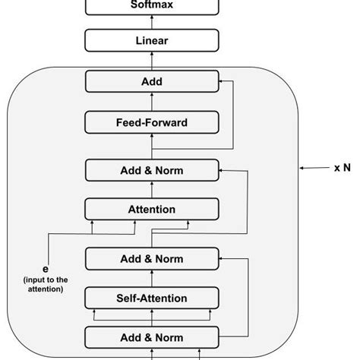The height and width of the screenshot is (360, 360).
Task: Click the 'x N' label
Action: [341, 168]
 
